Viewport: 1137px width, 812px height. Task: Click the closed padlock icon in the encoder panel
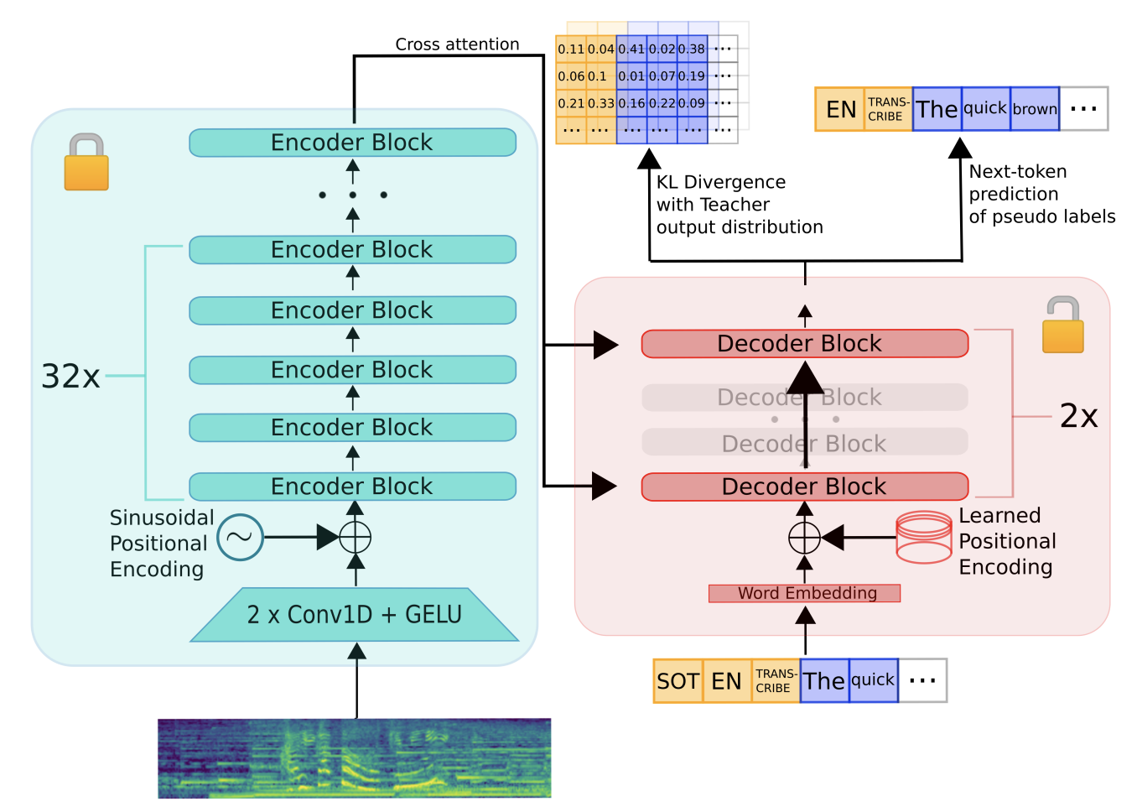tap(86, 162)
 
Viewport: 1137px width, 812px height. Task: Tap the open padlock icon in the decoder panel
tap(1063, 325)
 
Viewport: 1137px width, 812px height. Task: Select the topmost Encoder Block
tap(353, 143)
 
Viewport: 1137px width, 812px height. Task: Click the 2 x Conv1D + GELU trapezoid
tap(355, 615)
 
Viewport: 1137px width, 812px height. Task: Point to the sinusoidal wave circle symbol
tap(240, 537)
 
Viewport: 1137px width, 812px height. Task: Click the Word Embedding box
tap(804, 593)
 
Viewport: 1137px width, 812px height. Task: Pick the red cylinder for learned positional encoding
tap(924, 537)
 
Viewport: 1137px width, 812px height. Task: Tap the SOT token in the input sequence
tap(678, 681)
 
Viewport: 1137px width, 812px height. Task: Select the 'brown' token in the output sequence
tap(1035, 109)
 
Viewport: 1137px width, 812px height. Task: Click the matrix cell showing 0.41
tap(631, 49)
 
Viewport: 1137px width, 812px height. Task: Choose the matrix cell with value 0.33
tap(601, 103)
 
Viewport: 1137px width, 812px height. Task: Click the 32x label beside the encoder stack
tap(70, 377)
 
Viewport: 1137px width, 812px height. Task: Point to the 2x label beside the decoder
tap(1078, 416)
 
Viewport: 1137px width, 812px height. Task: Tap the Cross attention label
tap(457, 44)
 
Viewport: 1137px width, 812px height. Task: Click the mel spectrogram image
tap(355, 758)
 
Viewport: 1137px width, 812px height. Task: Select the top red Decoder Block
tap(805, 344)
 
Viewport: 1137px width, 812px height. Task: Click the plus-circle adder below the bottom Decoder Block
tap(804, 537)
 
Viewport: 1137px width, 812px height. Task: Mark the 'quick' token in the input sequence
tap(874, 681)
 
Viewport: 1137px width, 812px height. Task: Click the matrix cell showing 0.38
tap(692, 49)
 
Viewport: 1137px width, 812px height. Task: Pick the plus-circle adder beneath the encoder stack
tap(356, 537)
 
